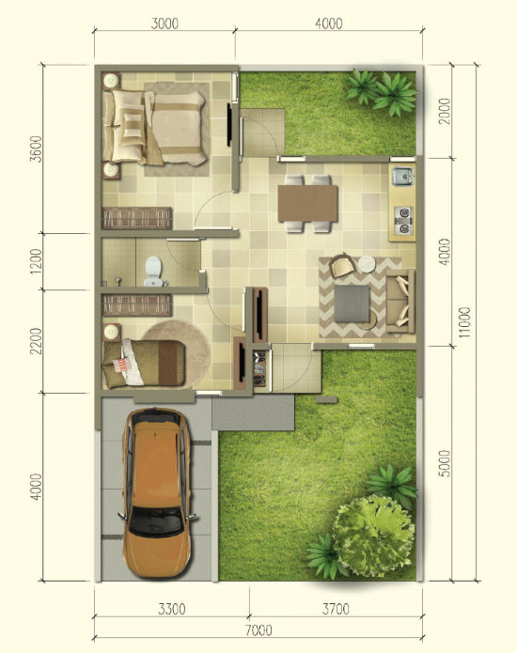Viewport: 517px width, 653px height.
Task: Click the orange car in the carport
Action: click(157, 492)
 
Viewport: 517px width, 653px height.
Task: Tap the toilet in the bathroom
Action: click(153, 271)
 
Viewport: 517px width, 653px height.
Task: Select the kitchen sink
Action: click(402, 176)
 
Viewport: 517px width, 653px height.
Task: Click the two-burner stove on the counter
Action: click(403, 221)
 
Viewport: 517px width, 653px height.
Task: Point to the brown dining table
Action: click(308, 204)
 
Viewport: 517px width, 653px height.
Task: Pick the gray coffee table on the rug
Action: click(352, 303)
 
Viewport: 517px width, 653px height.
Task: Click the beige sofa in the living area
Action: click(400, 301)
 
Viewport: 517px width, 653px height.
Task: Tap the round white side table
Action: click(367, 264)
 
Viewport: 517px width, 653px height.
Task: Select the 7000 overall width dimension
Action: click(258, 630)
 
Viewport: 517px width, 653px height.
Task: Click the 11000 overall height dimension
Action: click(464, 322)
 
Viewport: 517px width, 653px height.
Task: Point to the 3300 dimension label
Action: click(172, 609)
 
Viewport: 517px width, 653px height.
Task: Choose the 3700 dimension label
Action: click(336, 609)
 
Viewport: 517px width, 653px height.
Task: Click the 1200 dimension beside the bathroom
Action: click(36, 261)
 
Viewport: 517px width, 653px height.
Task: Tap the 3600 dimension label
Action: click(36, 148)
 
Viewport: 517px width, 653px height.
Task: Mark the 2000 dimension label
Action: click(445, 111)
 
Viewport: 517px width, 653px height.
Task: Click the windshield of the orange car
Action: click(156, 521)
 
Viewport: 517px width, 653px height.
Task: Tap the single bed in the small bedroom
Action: click(144, 363)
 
